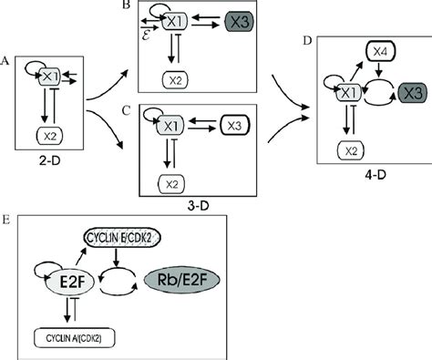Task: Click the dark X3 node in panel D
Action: pos(411,91)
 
